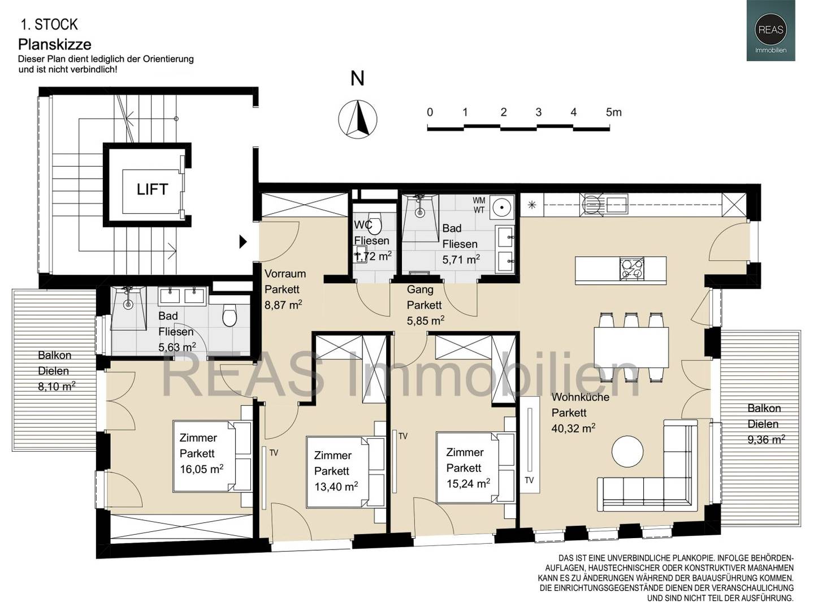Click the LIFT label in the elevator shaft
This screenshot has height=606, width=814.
[x=152, y=189]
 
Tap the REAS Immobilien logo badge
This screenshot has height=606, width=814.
[x=770, y=31]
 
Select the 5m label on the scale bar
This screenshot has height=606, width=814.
[x=614, y=112]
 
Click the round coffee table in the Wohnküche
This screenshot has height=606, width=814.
[x=627, y=452]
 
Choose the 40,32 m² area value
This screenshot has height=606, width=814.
[x=573, y=428]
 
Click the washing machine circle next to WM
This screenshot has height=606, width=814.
[x=503, y=207]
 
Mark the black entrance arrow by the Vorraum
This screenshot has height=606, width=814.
[x=243, y=242]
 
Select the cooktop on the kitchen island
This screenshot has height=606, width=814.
[x=631, y=269]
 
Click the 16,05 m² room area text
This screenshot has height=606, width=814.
[x=201, y=469]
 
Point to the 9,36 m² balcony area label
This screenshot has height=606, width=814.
[x=767, y=439]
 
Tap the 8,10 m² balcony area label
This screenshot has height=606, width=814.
[x=57, y=387]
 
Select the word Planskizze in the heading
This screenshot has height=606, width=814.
[x=55, y=45]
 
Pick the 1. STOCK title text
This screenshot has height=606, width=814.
[x=50, y=25]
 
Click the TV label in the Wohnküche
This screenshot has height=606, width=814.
[x=529, y=480]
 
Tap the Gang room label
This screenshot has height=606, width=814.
[x=420, y=289]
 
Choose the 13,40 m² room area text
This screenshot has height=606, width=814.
[x=336, y=487]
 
